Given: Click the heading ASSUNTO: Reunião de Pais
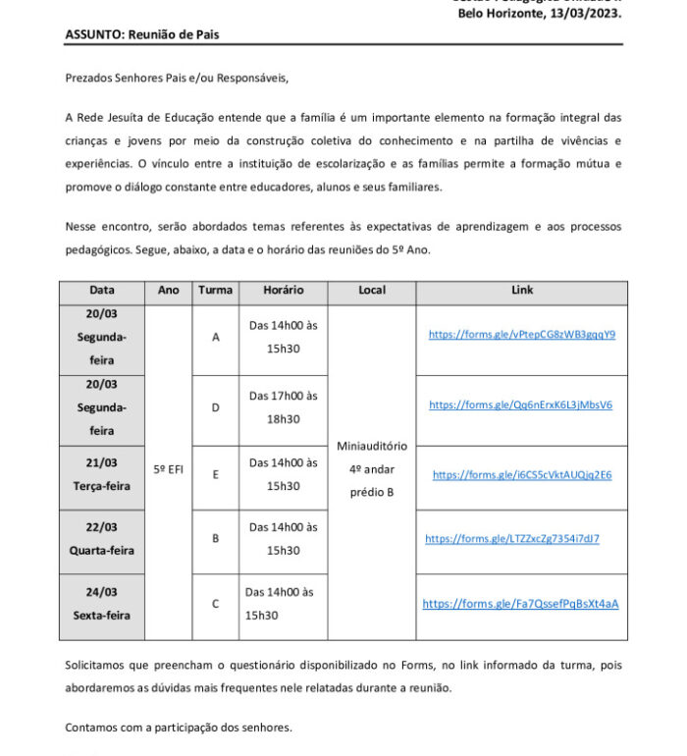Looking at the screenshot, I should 142,34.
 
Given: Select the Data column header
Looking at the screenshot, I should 102,291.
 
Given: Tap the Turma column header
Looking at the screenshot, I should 215,291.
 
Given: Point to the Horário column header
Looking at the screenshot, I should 284,291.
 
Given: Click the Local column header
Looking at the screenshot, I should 372,291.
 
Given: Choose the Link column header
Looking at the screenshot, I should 522,291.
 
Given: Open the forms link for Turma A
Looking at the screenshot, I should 521,334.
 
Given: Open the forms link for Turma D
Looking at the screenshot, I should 520,405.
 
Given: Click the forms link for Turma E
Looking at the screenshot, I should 521,475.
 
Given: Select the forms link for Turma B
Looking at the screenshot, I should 511,539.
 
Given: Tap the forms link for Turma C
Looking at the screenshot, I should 520,604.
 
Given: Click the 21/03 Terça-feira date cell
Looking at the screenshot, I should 101,474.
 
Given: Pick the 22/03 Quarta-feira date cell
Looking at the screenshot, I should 101,539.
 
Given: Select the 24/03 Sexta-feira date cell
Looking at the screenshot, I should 101,604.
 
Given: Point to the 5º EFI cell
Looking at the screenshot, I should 168,469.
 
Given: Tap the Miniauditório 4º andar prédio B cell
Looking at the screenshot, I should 372,468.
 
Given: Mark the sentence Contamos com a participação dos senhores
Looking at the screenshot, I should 179,728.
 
